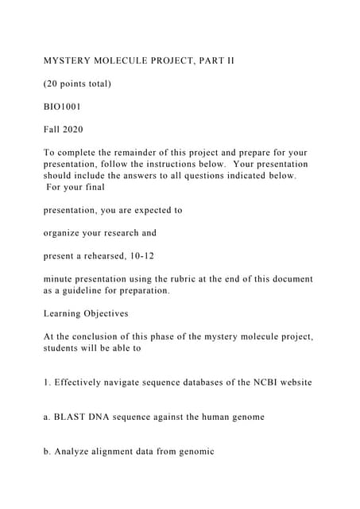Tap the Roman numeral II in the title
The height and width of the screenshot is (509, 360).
pyautogui.click(x=228, y=60)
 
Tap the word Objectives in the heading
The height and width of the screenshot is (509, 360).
pyautogui.click(x=108, y=313)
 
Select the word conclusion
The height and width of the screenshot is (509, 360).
pyautogui.click(x=87, y=336)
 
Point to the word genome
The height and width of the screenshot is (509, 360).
pyautogui.click(x=245, y=417)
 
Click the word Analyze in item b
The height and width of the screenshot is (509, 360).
pyautogui.click(x=75, y=452)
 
